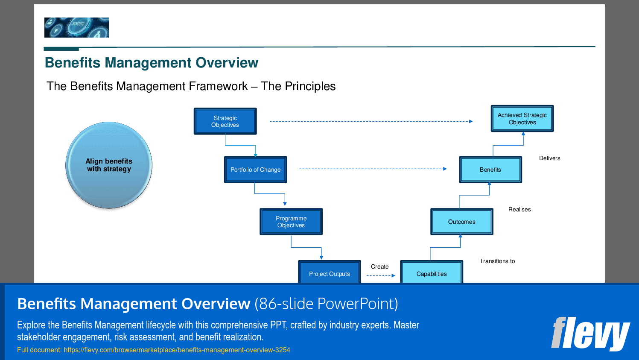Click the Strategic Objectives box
point(225,121)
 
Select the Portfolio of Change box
point(255,170)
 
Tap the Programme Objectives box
point(291,222)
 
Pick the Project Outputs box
point(329,272)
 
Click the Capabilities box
point(431,272)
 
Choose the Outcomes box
point(461,222)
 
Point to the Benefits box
point(490,170)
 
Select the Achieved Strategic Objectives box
point(522,119)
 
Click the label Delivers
point(549,158)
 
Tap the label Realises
point(519,209)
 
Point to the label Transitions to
point(497,261)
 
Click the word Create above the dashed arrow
point(379,266)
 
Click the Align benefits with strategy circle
point(109,165)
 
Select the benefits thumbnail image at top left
point(76,27)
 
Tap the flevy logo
point(590,333)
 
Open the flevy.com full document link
point(177,350)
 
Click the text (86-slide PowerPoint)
point(326,304)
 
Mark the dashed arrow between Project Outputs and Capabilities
point(380,275)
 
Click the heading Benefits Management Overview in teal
point(152,63)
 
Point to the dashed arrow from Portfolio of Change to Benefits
point(373,169)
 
